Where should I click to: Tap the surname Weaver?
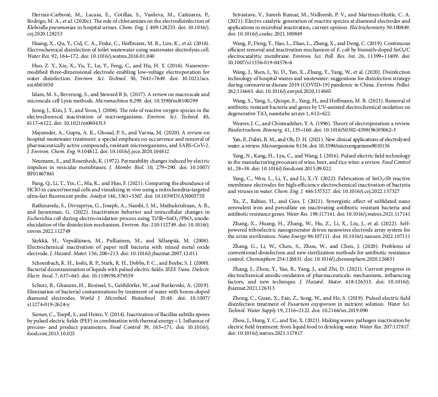[242, 124]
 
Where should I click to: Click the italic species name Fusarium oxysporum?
[312, 305]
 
